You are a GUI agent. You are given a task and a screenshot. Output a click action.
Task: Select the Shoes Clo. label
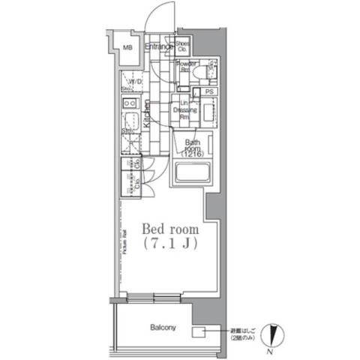click(182, 46)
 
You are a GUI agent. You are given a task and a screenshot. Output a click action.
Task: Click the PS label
click(209, 91)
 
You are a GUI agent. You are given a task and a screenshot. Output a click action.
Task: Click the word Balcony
click(162, 328)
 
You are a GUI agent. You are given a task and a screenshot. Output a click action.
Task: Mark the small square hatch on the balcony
click(199, 331)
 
